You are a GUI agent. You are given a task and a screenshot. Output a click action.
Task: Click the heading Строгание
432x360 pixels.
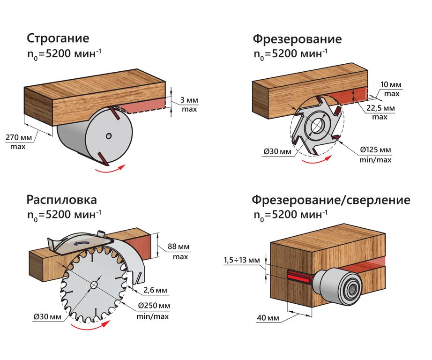point(58,38)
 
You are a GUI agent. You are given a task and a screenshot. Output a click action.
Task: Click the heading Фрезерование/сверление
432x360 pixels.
point(331,200)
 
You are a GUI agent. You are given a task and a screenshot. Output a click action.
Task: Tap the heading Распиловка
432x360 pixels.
point(62,200)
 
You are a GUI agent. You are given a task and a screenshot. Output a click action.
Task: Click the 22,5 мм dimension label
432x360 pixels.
point(380,108)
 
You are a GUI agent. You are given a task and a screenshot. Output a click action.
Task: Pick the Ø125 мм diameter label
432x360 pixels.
point(375,150)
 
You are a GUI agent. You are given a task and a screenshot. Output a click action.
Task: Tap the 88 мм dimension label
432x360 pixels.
point(177,248)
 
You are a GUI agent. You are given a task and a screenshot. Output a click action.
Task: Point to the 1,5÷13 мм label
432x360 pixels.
point(240,260)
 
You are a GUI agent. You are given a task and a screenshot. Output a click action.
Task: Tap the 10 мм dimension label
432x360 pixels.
point(391,85)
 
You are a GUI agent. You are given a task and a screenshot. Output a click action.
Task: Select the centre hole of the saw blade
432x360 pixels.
point(94,285)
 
